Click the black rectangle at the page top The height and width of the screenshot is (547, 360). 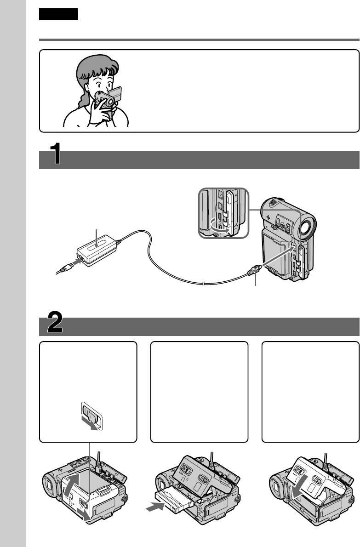(58, 14)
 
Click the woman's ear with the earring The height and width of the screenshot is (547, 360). (88, 94)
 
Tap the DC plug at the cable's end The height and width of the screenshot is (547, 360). (254, 270)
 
